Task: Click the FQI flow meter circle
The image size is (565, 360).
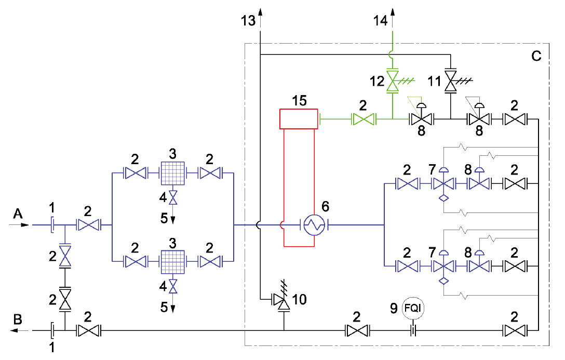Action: coord(414,309)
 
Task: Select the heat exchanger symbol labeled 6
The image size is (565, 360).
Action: coord(314,225)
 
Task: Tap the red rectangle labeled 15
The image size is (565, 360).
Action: coord(299,118)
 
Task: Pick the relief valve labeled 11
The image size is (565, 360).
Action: coord(450,82)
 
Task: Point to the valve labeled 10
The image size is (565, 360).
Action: coord(284,300)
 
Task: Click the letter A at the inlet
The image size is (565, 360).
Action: coord(18,213)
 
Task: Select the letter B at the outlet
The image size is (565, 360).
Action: coord(18,319)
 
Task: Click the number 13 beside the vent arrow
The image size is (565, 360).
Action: coord(249,21)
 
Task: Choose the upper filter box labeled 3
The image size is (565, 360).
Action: coord(172,172)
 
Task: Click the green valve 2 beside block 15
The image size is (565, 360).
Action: coord(364,120)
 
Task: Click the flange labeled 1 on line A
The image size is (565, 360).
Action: coord(52,225)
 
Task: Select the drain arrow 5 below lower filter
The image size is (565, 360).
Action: coord(172,306)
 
